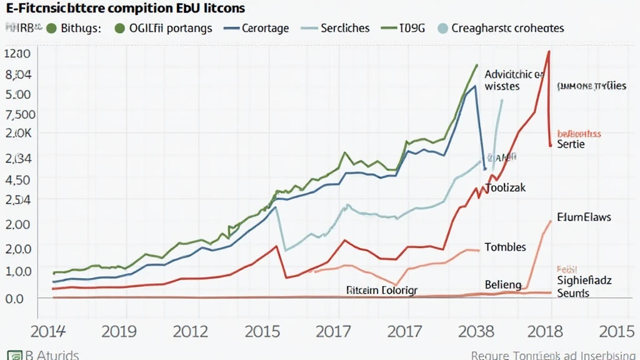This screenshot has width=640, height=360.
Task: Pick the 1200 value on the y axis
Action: pyautogui.click(x=17, y=54)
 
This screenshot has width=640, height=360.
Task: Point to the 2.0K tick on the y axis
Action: pyautogui.click(x=18, y=134)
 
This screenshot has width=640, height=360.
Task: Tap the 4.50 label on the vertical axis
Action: pyautogui.click(x=18, y=179)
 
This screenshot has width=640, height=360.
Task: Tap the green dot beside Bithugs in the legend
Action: pyautogui.click(x=51, y=28)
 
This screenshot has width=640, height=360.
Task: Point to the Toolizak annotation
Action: pyautogui.click(x=506, y=188)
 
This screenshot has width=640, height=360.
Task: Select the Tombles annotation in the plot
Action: pyautogui.click(x=505, y=247)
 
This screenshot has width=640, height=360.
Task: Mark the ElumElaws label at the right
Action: pyautogui.click(x=584, y=217)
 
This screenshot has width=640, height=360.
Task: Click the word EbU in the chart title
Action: pyautogui.click(x=189, y=9)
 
